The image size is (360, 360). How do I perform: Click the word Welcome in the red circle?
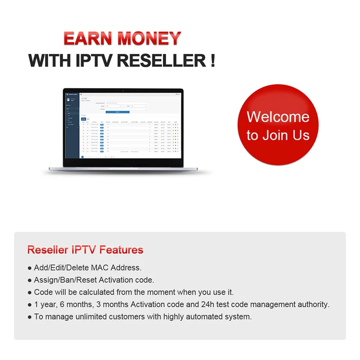[x=278, y=117]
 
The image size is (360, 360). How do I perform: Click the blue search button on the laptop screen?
[x=117, y=112]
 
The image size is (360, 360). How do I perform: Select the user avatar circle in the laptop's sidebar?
[x=68, y=99]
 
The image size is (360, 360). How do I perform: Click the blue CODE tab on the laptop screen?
[x=83, y=119]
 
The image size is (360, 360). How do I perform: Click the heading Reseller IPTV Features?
[x=85, y=250]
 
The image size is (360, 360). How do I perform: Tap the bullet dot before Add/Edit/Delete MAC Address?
[x=30, y=268]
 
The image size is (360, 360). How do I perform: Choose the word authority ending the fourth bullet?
[x=314, y=304]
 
